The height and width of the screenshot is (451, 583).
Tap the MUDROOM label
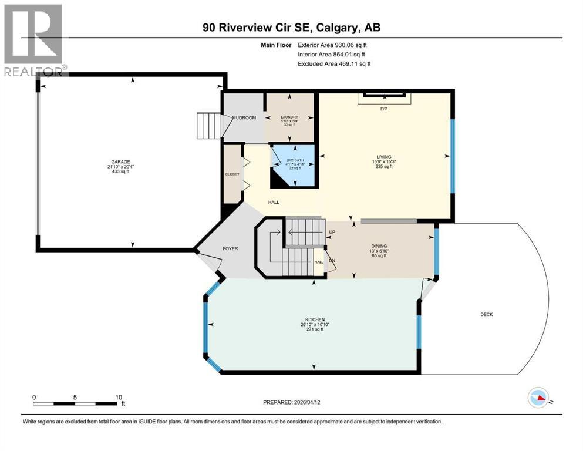tap(244, 118)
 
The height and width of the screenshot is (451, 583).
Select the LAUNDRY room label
tap(291, 117)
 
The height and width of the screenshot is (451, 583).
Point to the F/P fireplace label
tap(384, 109)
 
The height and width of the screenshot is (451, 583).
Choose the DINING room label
tap(379, 246)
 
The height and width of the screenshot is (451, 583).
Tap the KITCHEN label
tap(314, 320)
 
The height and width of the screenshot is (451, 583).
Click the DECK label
tap(486, 314)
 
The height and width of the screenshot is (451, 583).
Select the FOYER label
tap(230, 248)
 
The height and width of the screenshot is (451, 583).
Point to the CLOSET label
tap(232, 174)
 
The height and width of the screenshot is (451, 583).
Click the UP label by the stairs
tap(332, 232)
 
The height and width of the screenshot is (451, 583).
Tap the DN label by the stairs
tap(332, 260)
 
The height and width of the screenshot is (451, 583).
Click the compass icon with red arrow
tap(538, 398)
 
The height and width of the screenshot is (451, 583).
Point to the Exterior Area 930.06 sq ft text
tap(333, 45)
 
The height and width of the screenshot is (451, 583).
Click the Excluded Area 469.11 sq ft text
tap(334, 63)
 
